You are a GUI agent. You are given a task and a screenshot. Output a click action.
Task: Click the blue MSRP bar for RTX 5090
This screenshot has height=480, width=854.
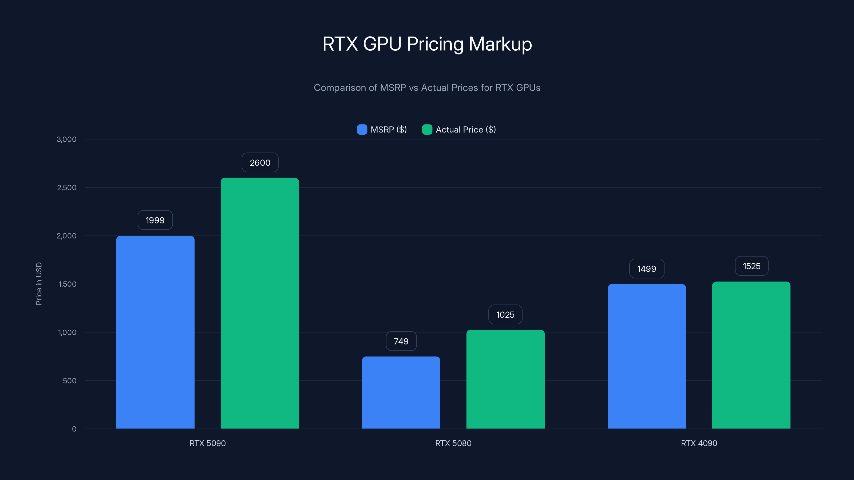(155, 332)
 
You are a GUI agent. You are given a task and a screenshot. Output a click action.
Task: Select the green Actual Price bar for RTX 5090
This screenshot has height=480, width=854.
(260, 303)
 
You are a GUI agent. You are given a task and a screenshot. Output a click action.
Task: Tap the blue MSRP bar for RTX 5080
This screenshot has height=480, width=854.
(401, 393)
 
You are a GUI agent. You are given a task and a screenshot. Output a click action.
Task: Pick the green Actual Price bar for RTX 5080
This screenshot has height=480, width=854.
(505, 379)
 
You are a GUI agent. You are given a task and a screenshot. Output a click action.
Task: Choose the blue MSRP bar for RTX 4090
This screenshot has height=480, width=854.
(646, 356)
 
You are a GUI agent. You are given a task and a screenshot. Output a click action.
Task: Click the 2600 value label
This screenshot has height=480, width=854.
(260, 163)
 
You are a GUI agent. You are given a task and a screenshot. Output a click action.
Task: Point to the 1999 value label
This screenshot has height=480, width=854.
(155, 220)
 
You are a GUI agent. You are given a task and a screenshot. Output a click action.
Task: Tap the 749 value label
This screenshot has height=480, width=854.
(401, 341)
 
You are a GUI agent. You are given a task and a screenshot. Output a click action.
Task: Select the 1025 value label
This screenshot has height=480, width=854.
(505, 315)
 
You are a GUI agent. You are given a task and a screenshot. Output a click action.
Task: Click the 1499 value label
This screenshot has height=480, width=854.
(646, 269)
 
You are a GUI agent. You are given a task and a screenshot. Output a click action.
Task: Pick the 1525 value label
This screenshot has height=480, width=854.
(751, 266)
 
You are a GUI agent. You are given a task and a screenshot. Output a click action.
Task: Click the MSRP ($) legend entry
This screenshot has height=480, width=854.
(382, 130)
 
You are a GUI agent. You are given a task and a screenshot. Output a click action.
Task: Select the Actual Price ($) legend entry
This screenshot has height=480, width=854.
(459, 130)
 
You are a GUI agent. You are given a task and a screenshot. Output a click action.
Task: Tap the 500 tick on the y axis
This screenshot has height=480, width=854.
(70, 381)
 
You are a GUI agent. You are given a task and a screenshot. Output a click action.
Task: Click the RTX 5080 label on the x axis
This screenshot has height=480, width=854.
(453, 443)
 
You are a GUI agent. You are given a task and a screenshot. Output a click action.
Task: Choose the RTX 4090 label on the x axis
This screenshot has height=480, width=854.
(699, 443)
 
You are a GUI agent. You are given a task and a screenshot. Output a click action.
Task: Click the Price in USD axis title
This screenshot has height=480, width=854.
(39, 283)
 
